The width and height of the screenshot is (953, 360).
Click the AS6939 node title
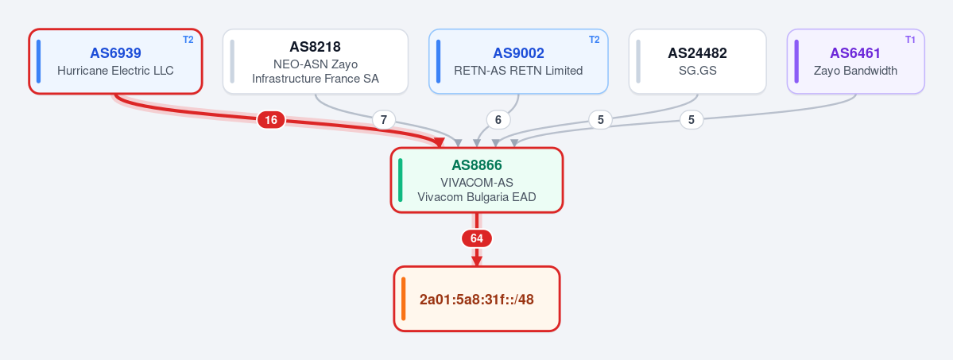pos(115,53)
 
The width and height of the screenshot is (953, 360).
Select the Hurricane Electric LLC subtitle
pos(115,71)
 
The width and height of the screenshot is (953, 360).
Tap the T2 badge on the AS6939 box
pos(188,40)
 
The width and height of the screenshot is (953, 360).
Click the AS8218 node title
pos(316,47)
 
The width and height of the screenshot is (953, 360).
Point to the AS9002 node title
pos(518,53)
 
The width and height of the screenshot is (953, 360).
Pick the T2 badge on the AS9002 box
pos(594,40)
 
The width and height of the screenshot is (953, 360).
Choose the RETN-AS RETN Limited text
pos(518,71)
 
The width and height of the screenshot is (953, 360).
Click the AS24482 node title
pos(697,53)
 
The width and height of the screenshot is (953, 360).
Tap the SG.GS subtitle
pos(697,71)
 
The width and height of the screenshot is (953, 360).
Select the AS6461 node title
pos(855,53)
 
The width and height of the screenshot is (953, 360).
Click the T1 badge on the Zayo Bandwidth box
pos(910,40)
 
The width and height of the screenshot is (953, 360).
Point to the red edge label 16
pos(271,120)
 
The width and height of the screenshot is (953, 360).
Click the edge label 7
pos(383,120)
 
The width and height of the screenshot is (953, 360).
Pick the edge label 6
pos(498,120)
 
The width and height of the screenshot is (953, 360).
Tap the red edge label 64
pos(477,238)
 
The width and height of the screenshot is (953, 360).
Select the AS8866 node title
pos(477,165)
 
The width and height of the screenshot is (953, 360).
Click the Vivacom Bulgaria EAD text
pos(477,197)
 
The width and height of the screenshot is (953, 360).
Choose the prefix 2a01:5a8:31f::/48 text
pos(477,299)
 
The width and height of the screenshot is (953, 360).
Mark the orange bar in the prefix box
pos(404,299)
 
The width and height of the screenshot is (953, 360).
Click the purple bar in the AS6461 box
pos(796,61)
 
